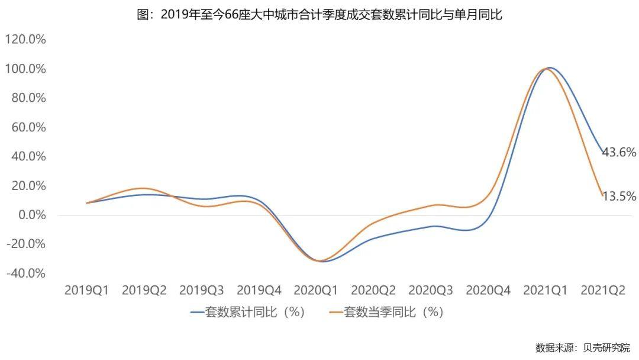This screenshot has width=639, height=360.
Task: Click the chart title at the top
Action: click(x=319, y=15)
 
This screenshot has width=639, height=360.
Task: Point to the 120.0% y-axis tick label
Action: click(x=25, y=40)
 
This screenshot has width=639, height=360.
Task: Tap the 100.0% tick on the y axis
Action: click(x=25, y=69)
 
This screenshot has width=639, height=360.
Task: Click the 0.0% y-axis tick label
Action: click(x=30, y=215)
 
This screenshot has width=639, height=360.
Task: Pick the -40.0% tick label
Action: click(x=25, y=274)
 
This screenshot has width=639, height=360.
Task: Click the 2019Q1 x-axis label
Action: click(x=86, y=290)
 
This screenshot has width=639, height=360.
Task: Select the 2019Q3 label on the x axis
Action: click(x=201, y=290)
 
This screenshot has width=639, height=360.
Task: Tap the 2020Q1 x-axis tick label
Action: click(x=316, y=290)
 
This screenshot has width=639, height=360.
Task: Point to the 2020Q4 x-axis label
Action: click(x=488, y=290)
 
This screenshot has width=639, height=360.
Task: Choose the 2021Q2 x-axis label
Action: click(x=603, y=290)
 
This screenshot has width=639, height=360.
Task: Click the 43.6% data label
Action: click(x=619, y=152)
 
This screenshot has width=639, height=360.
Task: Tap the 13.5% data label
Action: click(x=619, y=196)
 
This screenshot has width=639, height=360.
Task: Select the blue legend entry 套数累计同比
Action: click(x=248, y=312)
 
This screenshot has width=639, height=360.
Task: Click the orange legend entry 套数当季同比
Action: click(x=387, y=312)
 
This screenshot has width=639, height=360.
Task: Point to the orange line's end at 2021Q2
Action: click(x=602, y=195)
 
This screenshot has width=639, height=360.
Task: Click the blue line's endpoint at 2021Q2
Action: click(x=602, y=152)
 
